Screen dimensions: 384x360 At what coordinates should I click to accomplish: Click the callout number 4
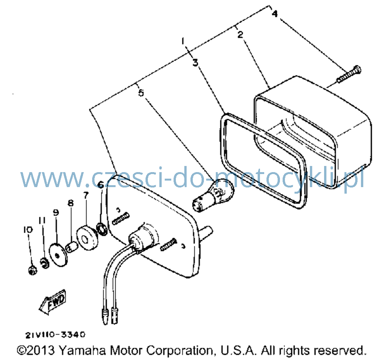point(275,13)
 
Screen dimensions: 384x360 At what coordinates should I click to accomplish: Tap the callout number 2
point(240,34)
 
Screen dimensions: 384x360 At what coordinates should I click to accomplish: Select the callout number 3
point(195,63)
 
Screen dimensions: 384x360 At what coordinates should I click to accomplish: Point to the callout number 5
point(141,93)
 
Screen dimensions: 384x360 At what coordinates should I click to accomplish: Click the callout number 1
point(183,41)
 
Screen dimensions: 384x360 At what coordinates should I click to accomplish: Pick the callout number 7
point(86,195)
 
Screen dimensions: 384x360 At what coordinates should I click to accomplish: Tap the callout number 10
point(28,230)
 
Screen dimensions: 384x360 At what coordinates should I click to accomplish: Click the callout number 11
point(42,220)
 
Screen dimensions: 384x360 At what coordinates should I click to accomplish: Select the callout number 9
point(56,212)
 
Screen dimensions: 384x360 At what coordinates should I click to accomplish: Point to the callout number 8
point(71,203)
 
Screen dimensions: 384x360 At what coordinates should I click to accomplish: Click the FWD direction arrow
point(52,302)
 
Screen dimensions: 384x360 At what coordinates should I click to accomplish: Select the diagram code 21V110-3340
point(55,335)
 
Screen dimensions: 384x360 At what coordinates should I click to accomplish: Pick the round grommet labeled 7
point(87,237)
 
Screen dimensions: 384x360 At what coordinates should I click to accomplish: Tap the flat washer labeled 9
point(58,255)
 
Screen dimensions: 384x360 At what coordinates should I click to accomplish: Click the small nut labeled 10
point(32,270)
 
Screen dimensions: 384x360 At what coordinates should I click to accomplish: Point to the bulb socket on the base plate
point(143,237)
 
